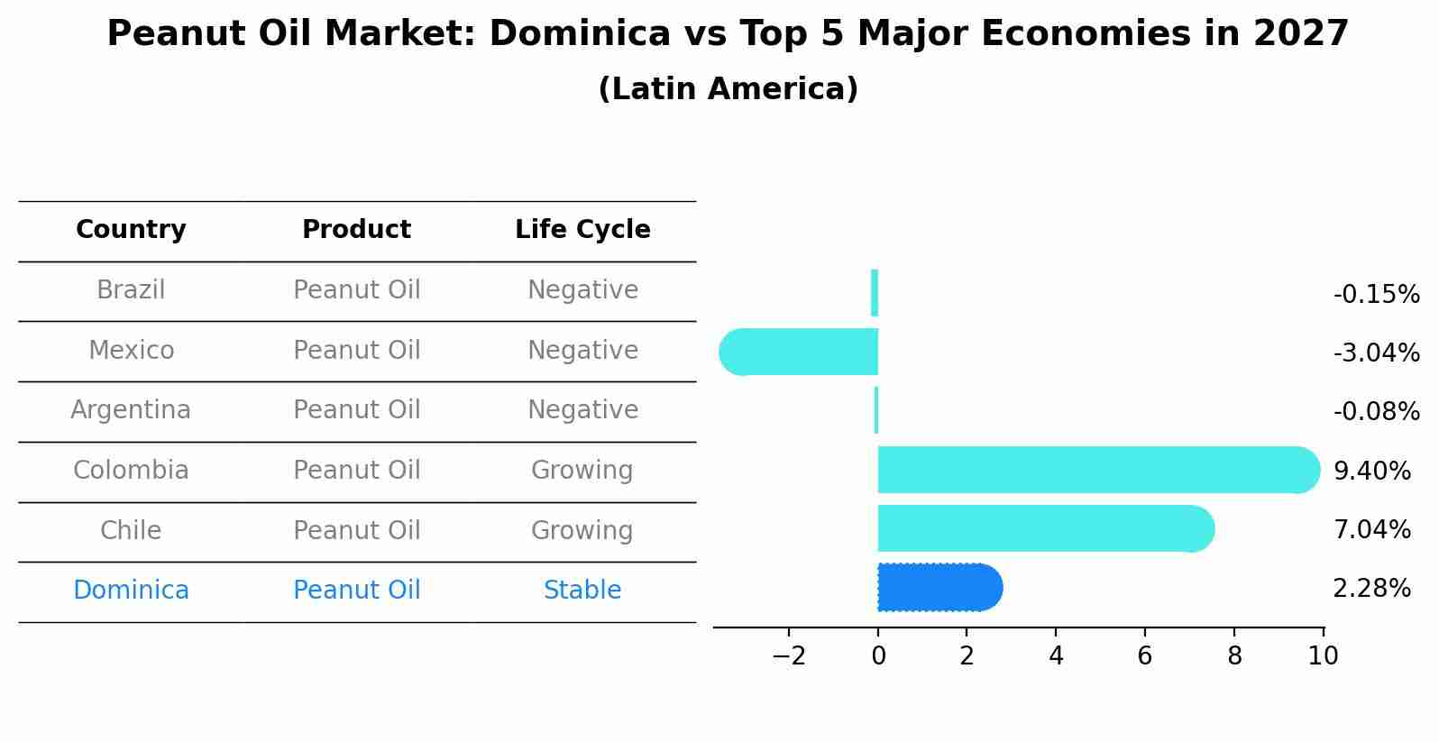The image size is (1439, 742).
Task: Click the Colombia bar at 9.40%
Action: [1095, 470]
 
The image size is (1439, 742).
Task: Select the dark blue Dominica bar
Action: [938, 588]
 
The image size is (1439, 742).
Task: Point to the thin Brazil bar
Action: [875, 293]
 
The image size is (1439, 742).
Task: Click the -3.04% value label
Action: [1376, 353]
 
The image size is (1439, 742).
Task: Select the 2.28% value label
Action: [1371, 589]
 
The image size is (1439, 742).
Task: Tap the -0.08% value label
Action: [1376, 412]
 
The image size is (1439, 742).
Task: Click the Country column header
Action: [131, 230]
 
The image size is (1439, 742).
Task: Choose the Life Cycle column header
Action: [582, 230]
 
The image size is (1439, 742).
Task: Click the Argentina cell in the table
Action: [131, 410]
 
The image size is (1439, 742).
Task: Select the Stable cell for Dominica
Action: [582, 591]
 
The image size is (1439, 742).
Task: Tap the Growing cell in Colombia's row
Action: [582, 471]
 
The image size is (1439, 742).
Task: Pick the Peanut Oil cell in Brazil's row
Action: [357, 290]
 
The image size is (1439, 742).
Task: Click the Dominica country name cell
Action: [131, 591]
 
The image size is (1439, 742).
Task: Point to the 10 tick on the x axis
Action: [1323, 656]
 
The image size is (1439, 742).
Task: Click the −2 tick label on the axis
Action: [788, 656]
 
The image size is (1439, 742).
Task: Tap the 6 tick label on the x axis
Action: [1145, 656]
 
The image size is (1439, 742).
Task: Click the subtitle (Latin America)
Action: [728, 89]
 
